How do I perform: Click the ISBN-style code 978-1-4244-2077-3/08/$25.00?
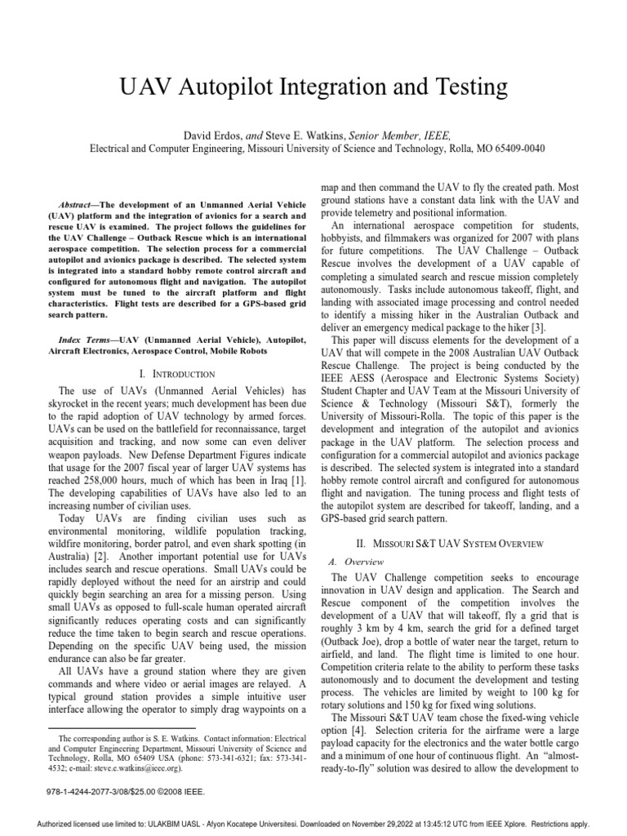click(x=96, y=792)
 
